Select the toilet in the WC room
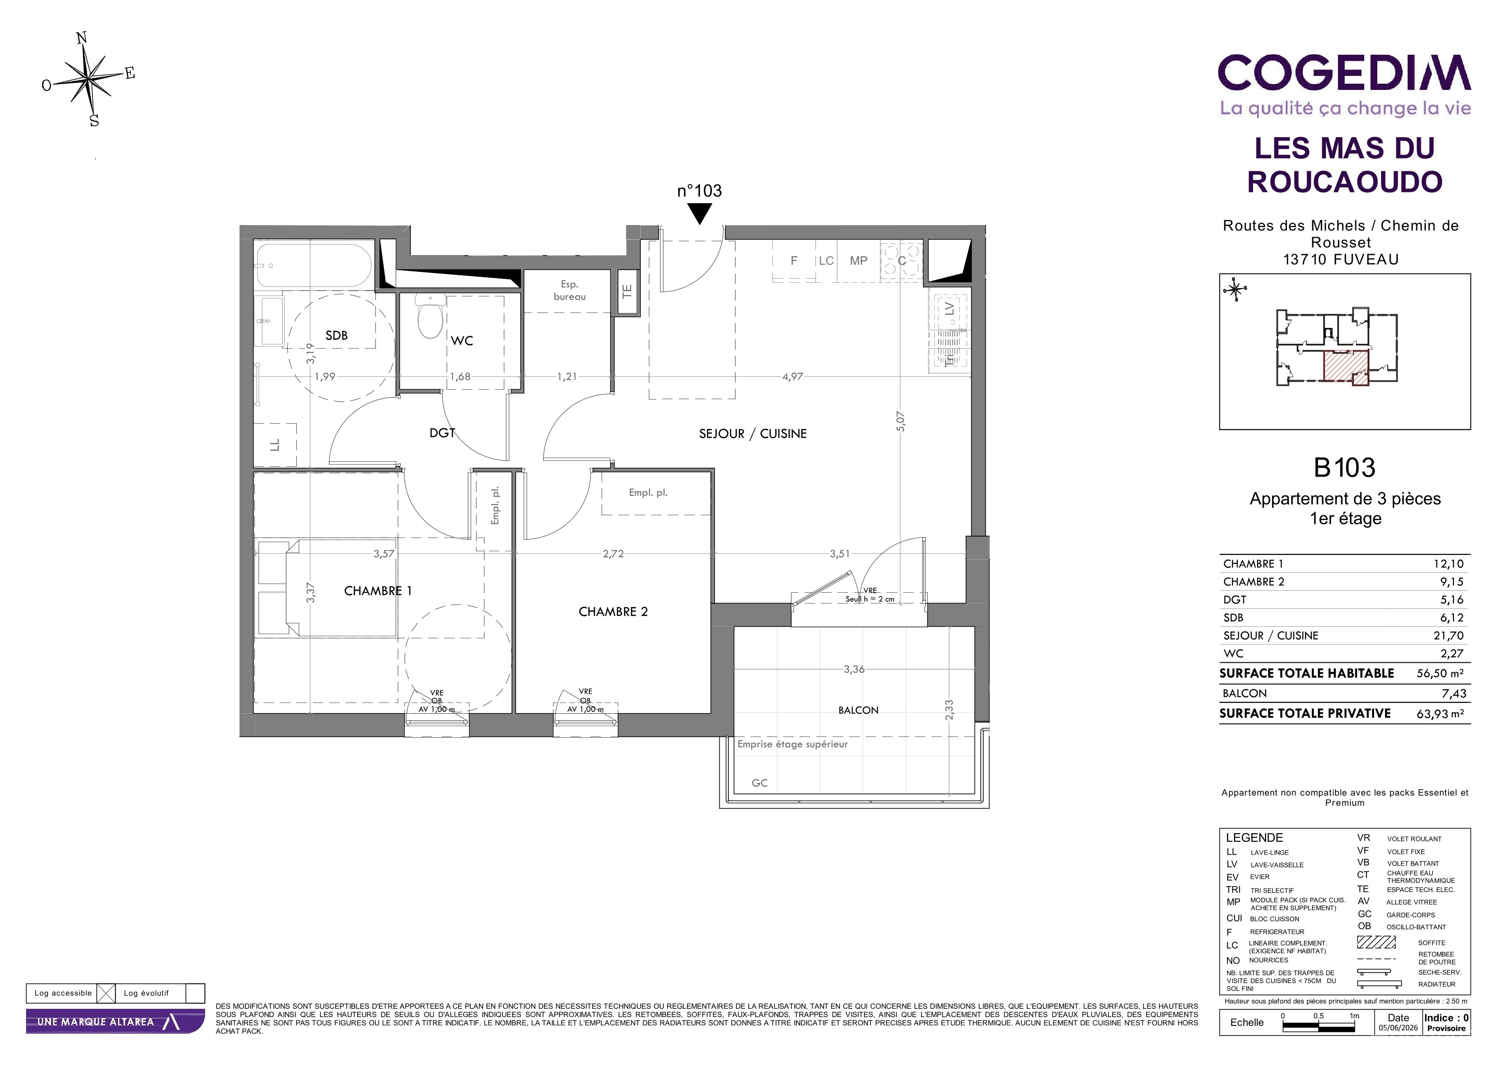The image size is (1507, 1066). tap(431, 316)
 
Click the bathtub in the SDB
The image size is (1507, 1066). tap(314, 266)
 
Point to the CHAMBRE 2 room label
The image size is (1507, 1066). tap(613, 612)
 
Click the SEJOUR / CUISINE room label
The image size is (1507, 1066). tap(753, 434)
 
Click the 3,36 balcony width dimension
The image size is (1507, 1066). tap(854, 669)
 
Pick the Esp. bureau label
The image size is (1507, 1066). tap(569, 290)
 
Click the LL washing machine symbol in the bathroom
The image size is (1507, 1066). tap(275, 445)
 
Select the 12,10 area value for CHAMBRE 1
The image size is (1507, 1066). tap(1449, 564)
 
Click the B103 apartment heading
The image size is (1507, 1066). tap(1344, 468)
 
